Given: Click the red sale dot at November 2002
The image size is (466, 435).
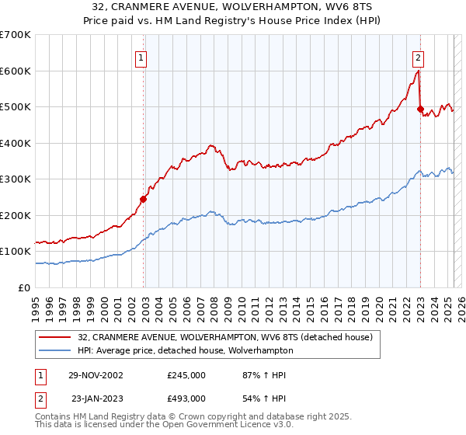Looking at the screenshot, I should [144, 199].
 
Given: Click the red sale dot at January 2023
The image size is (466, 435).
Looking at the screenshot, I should [420, 110].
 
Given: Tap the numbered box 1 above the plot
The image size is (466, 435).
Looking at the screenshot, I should [143, 57].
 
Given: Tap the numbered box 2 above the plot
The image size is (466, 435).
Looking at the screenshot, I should [419, 57].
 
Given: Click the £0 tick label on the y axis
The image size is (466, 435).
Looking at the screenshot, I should [26, 287].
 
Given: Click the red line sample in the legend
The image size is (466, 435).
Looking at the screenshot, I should [55, 337].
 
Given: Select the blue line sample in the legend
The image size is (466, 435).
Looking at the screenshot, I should [55, 350].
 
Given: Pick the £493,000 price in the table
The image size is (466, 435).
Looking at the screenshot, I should [186, 398].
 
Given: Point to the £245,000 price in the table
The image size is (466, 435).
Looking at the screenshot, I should [186, 375].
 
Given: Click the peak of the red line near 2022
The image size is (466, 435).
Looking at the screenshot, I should [418, 71].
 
